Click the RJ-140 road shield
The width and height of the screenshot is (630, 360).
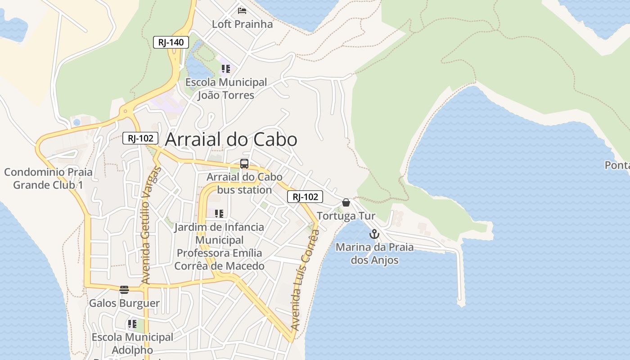coord(171,43)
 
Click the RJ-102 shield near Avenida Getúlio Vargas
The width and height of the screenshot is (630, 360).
coord(140,138)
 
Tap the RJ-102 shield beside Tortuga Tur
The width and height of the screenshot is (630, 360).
coord(305,197)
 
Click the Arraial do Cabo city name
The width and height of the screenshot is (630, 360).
coord(231,139)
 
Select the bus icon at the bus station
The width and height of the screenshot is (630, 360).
coord(244,164)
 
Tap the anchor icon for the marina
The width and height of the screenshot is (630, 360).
coord(374,234)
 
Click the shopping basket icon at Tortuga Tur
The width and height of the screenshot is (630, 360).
coord(346,203)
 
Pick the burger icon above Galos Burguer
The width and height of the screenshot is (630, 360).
coord(124,290)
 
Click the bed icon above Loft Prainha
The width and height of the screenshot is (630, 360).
coord(242,11)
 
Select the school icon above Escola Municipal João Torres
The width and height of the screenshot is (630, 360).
coord(225,69)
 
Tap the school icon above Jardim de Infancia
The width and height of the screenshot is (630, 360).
coord(219,214)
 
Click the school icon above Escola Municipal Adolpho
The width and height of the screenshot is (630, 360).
coord(132,324)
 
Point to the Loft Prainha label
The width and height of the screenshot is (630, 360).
coord(242,24)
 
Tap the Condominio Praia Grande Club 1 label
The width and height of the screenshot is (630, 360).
coord(48,178)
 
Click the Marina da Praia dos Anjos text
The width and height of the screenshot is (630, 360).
coord(374,253)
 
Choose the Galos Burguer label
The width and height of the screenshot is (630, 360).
coord(124,303)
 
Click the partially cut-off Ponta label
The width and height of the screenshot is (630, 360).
coord(617,165)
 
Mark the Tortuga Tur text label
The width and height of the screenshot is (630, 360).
coord(346,216)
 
